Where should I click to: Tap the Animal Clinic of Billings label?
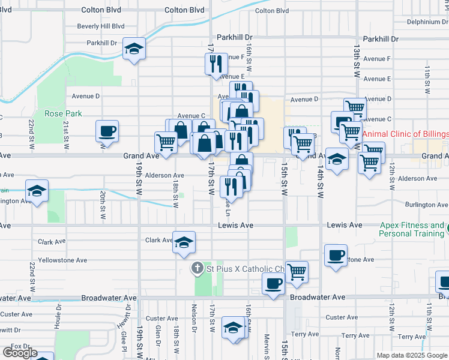click(x=405, y=133)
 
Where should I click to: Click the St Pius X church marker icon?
click(x=197, y=269)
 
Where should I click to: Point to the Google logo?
click(x=19, y=353)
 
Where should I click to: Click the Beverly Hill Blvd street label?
click(x=101, y=26)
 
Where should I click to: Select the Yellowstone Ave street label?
click(x=62, y=260)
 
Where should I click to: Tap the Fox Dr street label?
click(x=20, y=346)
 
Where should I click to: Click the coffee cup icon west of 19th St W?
click(x=107, y=131)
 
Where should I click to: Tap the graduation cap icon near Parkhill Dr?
click(x=134, y=49)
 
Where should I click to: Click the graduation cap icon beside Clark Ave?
click(x=184, y=242)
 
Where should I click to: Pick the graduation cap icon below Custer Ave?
click(x=234, y=328)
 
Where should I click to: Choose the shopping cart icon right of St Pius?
click(x=297, y=271)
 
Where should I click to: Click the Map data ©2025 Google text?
click(x=412, y=355)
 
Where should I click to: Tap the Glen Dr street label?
click(x=158, y=332)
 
